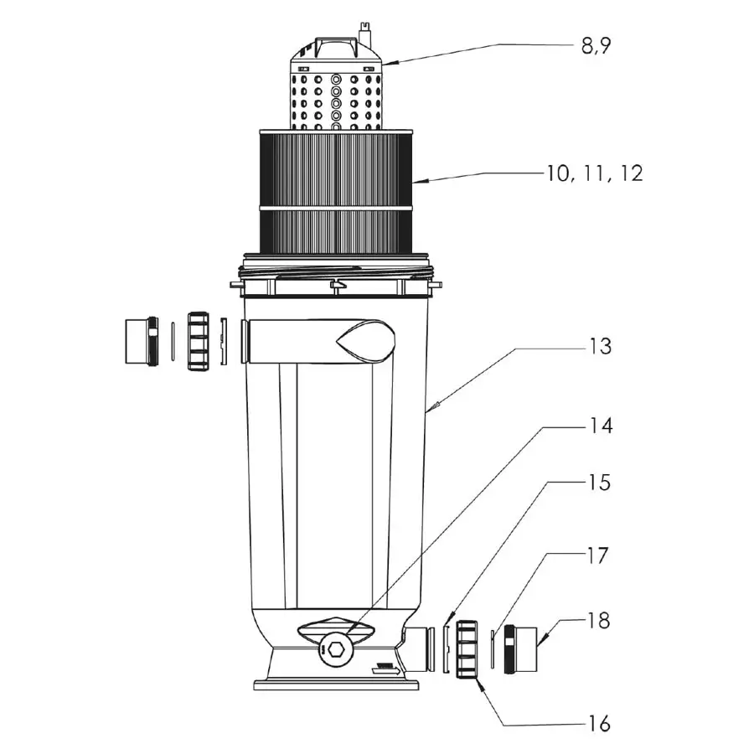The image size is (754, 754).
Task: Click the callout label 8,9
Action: [x=596, y=45]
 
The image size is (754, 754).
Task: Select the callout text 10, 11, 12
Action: [x=595, y=173]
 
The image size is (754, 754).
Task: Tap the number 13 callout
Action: [x=600, y=346]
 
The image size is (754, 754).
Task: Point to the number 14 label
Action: [x=600, y=426]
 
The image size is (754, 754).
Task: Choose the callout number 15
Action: [x=599, y=483]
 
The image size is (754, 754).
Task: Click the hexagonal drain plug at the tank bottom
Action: [x=336, y=648]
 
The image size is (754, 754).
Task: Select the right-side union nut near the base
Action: [x=467, y=648]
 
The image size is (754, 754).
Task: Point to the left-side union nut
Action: [x=199, y=341]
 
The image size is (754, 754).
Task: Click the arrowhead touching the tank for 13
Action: [x=430, y=409]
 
